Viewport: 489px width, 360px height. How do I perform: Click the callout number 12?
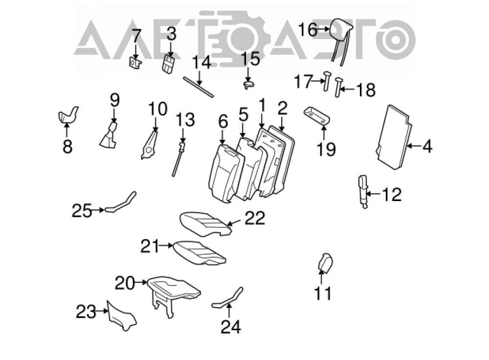coord(392,194)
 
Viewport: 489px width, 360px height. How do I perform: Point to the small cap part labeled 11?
coord(324,263)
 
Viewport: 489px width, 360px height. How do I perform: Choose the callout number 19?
coord(326,149)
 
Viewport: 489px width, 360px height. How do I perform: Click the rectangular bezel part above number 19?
coord(316,115)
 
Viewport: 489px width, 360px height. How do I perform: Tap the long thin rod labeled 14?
coord(199,87)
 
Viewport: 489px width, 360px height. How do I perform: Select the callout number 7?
coord(136,36)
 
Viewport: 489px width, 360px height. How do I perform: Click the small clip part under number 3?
coord(168,64)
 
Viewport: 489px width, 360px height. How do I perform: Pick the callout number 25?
coord(82,211)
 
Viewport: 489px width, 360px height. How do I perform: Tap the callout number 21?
coord(150,246)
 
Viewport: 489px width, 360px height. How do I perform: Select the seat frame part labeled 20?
coord(174,295)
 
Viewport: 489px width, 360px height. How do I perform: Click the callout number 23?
coord(86,312)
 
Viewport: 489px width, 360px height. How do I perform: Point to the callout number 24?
coord(231,327)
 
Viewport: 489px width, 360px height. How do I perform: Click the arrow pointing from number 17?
coord(318,81)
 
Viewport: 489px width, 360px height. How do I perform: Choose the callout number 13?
coord(185,120)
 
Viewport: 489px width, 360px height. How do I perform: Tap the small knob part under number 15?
coord(248,85)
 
